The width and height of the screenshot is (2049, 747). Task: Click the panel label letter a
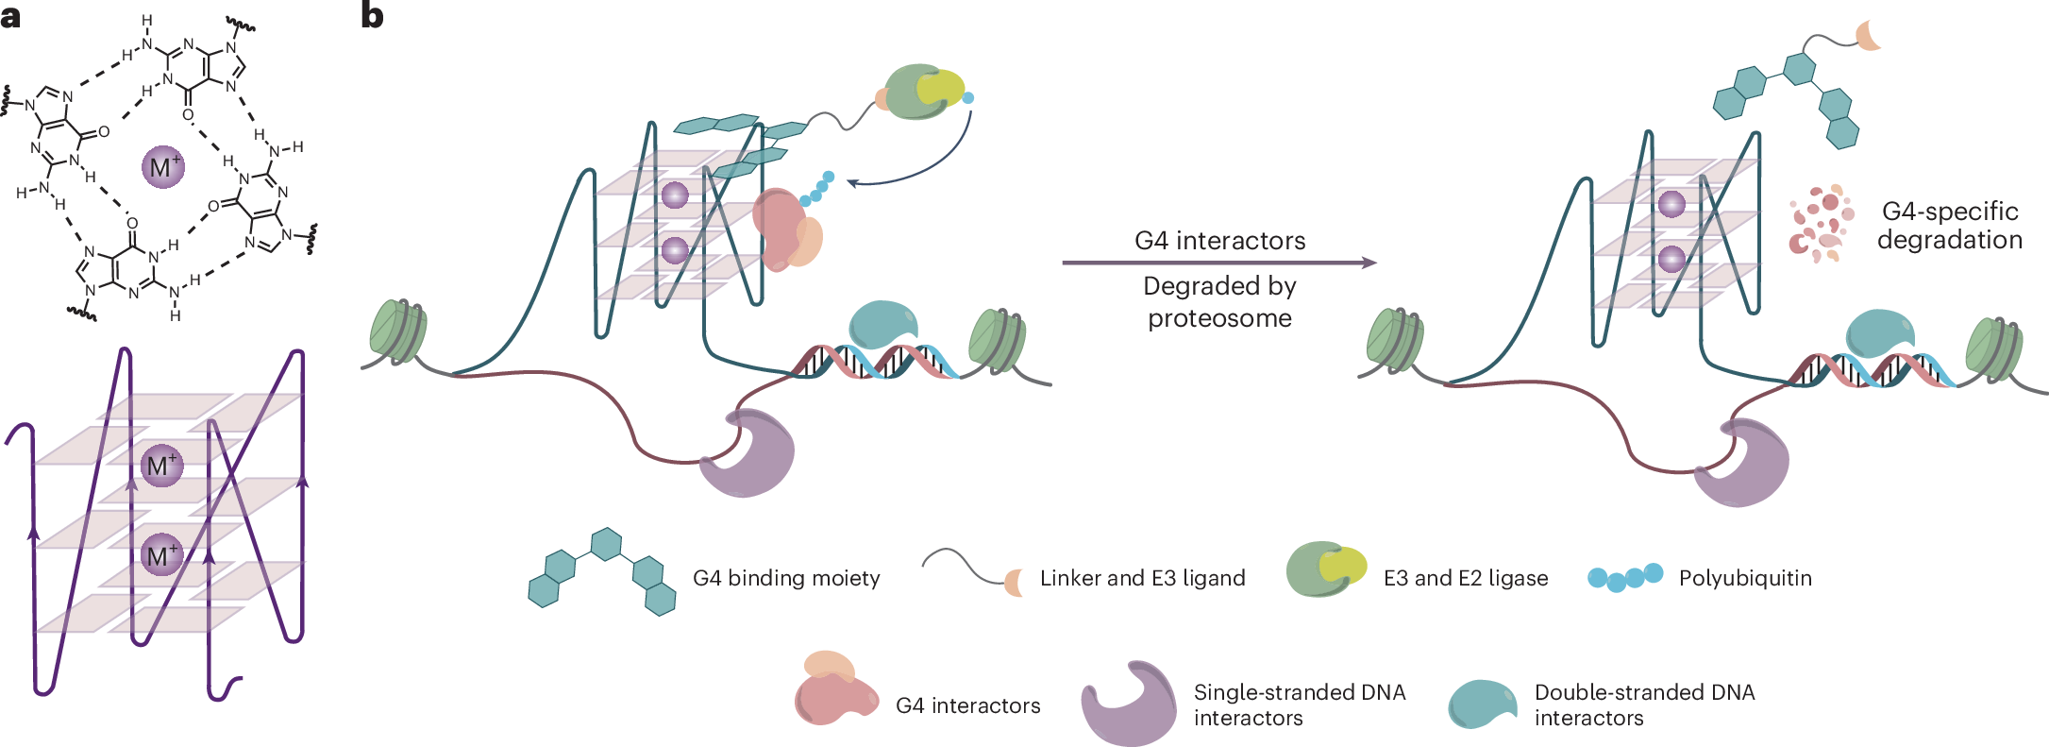click(11, 16)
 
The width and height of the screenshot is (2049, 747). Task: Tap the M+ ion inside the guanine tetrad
click(162, 167)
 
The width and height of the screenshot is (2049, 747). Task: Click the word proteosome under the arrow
click(1219, 318)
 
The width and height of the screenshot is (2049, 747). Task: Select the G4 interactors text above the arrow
click(1219, 241)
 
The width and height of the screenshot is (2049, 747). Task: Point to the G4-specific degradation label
click(1949, 226)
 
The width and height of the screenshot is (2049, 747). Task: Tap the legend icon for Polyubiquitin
click(1624, 577)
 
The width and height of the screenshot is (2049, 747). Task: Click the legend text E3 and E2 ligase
click(1465, 578)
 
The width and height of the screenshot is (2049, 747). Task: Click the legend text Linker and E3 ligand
click(1142, 578)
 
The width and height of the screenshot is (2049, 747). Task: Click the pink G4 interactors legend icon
click(834, 690)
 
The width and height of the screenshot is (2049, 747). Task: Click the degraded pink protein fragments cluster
click(1821, 223)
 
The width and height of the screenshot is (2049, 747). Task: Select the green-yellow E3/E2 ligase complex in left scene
click(925, 92)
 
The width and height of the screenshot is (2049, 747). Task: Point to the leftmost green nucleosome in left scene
click(398, 331)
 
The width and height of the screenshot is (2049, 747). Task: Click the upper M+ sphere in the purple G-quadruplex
click(161, 466)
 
